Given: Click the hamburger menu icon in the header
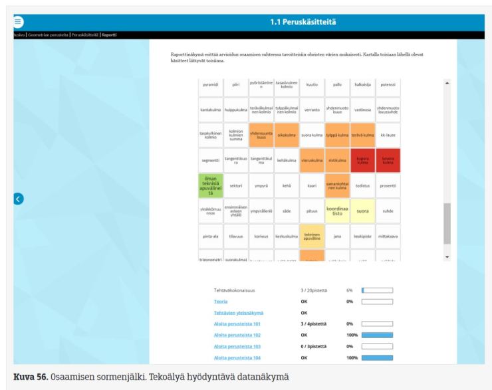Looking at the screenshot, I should (x=9, y=22).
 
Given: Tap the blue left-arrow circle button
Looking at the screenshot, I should (x=19, y=198).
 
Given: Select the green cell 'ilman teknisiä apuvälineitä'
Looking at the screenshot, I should (x=211, y=185).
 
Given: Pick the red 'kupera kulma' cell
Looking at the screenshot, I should (x=364, y=160).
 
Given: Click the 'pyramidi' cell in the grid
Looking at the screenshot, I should (x=211, y=85).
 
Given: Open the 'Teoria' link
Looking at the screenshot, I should (x=220, y=302).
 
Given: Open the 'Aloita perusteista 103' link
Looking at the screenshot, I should (x=237, y=347).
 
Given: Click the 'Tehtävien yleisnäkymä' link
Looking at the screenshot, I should (x=239, y=312).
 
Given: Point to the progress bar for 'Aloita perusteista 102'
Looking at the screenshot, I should (x=377, y=336).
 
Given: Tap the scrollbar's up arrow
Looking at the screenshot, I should (x=447, y=82).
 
